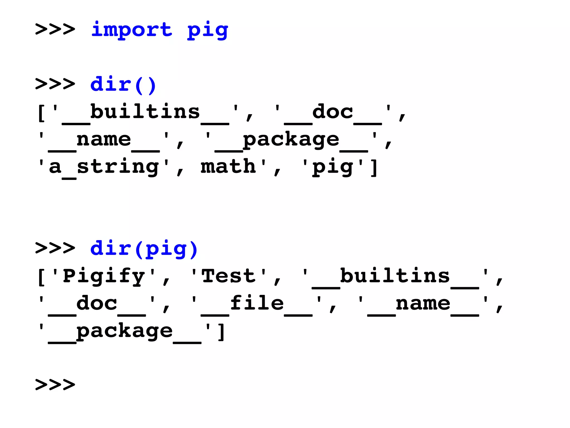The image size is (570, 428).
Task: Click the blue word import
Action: point(132,30)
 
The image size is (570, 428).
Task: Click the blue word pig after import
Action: point(208,31)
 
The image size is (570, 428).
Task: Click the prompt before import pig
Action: point(55,29)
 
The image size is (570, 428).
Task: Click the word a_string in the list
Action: point(104,167)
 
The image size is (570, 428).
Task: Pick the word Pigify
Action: point(104,276)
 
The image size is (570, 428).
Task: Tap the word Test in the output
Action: point(228,276)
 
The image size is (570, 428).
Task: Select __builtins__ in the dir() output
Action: point(145,113)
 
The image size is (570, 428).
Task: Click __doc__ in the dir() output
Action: point(333,113)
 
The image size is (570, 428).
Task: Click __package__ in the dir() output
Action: point(291,140)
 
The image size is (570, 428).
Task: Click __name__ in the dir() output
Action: point(104,140)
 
